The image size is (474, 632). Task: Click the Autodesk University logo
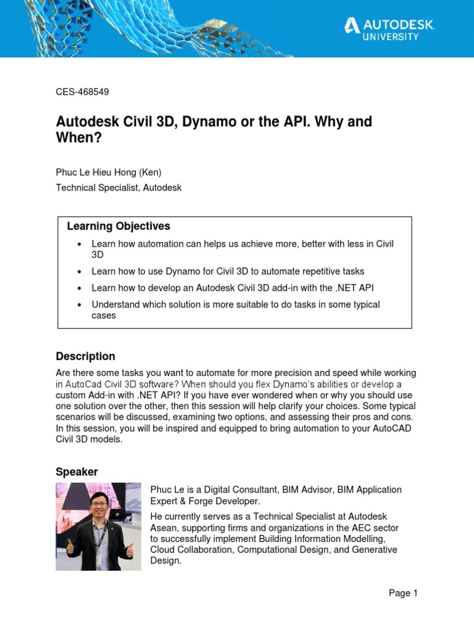389,28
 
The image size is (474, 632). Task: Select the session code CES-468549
82,92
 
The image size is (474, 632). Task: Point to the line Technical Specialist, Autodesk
118,188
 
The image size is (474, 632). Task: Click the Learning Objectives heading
118,227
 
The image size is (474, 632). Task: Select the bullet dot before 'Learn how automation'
80,244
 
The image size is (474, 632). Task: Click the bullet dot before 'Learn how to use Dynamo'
80,272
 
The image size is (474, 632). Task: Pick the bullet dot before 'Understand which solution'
80,305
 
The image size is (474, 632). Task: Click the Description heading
85,356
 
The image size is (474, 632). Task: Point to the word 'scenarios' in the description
75,417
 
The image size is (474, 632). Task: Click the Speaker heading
77,472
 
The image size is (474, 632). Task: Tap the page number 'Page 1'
403,593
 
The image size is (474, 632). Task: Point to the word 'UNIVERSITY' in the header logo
389,37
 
